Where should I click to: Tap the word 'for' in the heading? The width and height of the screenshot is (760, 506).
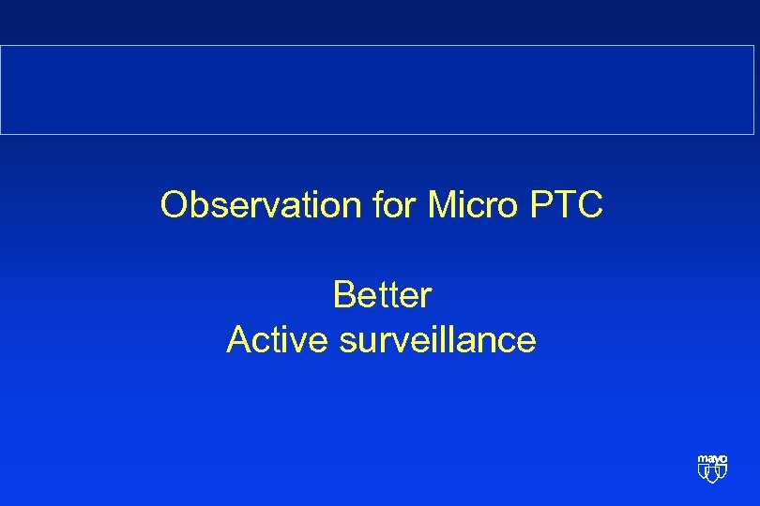398,205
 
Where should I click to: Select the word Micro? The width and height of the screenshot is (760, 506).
471,205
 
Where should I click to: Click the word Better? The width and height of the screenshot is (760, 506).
381,295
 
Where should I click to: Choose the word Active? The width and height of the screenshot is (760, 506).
278,340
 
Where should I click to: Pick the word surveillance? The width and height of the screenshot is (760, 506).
437,340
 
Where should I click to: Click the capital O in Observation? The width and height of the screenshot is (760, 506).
174,205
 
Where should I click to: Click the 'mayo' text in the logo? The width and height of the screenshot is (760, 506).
712,460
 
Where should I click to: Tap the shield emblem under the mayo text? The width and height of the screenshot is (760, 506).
712,474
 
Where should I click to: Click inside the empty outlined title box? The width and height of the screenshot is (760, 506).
380,90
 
